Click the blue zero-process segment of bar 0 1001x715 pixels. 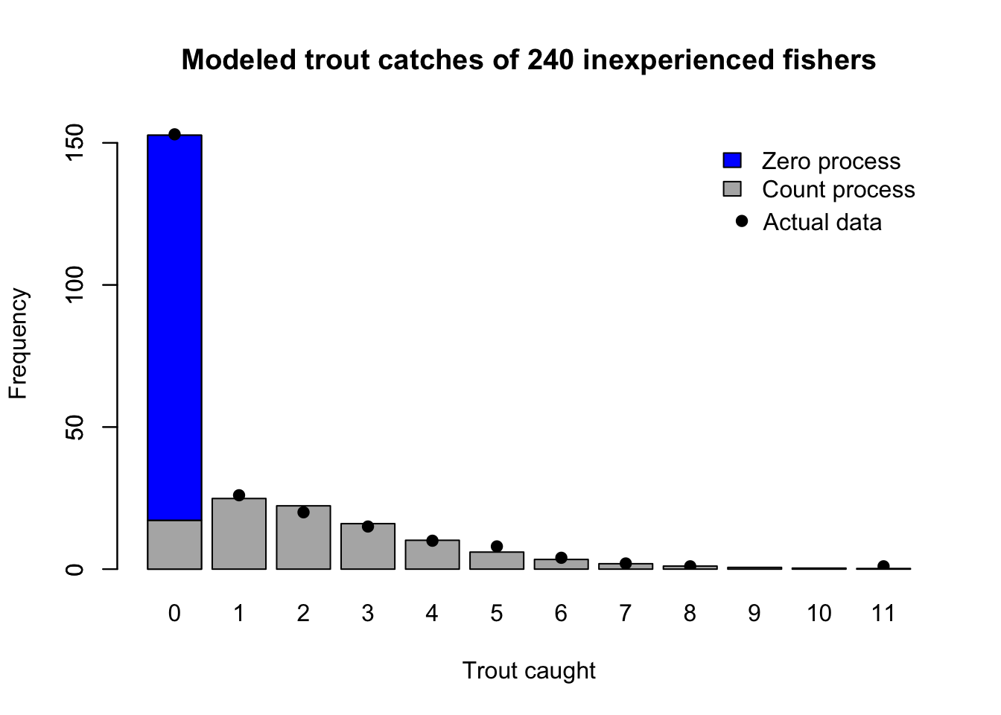174,328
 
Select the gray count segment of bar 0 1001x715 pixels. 174,544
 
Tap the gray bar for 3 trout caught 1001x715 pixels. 368,547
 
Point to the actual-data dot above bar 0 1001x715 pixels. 174,134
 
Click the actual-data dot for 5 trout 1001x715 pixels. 497,547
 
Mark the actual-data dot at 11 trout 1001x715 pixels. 883,566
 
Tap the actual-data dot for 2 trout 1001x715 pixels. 303,512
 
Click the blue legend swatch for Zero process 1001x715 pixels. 732,161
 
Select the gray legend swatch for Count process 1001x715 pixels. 732,189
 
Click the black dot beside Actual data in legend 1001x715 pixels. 741,221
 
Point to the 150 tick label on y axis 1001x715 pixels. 75,142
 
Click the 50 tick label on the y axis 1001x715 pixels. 75,427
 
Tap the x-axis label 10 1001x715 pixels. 819,614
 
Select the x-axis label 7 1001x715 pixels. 626,614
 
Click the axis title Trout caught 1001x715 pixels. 529,670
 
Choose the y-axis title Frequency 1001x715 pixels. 18,343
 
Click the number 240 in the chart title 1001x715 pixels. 550,60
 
